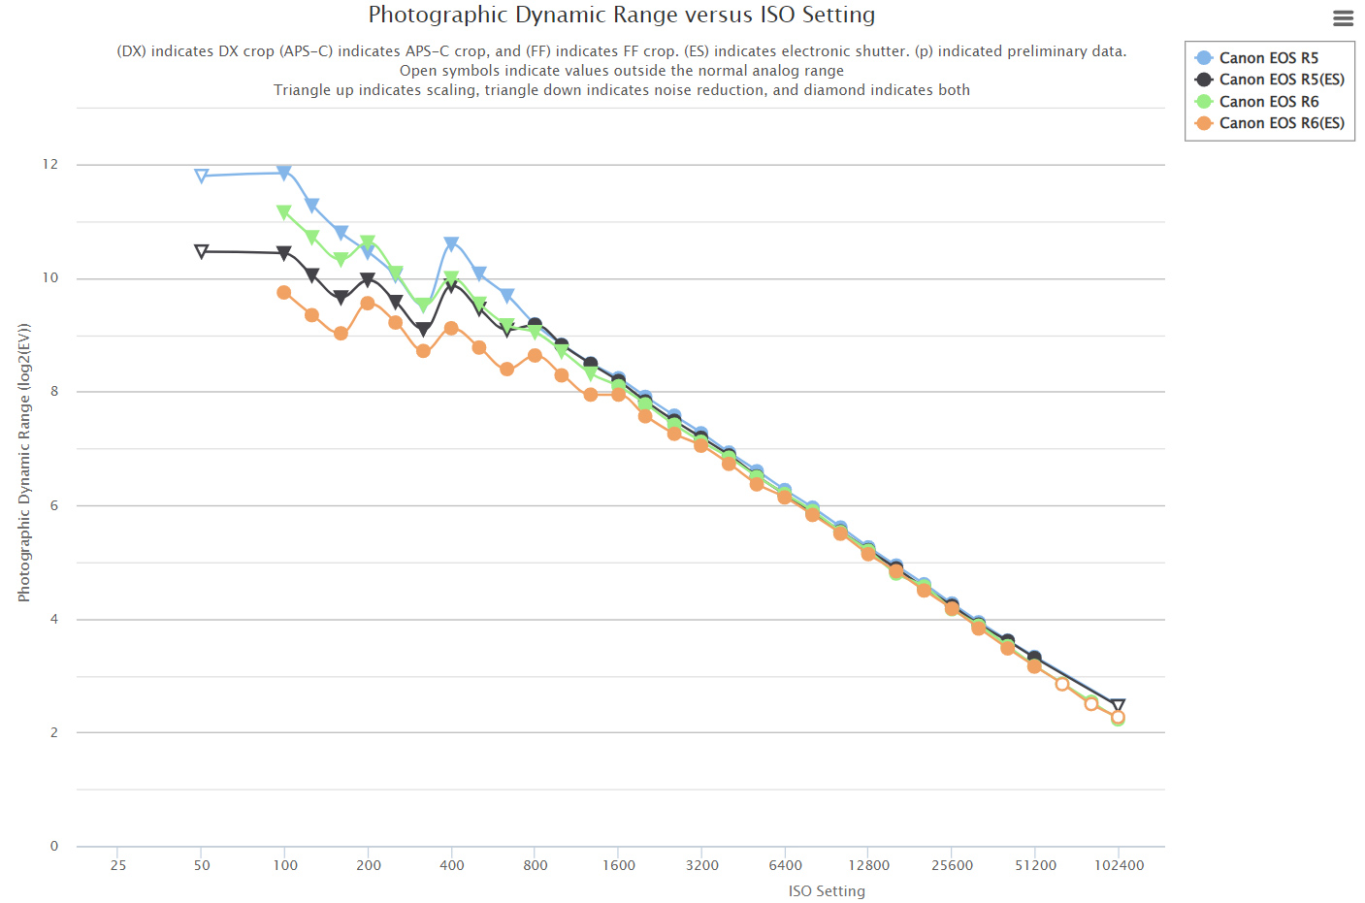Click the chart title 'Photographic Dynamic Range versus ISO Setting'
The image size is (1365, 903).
coord(621,15)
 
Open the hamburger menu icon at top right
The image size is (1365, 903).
coord(1343,17)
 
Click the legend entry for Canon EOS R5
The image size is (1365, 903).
coord(1268,58)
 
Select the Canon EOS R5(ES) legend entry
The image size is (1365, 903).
coord(1281,80)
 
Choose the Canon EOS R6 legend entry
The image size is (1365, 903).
coord(1268,102)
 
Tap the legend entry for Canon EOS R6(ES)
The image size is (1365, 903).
coord(1281,123)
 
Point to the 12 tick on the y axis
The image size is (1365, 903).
coord(50,165)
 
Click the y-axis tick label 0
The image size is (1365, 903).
coord(54,847)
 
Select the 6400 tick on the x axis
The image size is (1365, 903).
coord(785,865)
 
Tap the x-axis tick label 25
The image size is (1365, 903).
coord(118,865)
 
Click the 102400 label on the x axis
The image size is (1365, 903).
coord(1119,865)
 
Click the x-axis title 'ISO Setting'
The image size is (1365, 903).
coord(827,891)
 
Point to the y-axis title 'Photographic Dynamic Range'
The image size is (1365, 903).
coord(24,463)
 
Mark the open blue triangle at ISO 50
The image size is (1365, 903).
coord(202,176)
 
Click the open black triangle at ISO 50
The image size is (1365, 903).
coord(202,251)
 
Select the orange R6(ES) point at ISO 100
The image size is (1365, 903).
coord(284,292)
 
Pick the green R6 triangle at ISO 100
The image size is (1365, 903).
coord(284,211)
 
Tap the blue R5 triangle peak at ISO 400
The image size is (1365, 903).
coord(451,243)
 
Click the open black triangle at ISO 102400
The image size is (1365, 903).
coord(1118,706)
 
